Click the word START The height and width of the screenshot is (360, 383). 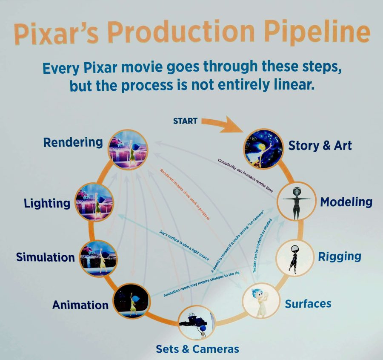tap(185, 121)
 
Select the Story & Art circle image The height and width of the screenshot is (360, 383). tap(263, 149)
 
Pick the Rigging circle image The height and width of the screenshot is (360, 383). tap(295, 259)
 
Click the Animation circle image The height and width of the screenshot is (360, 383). tap(131, 301)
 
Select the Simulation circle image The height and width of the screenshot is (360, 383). tap(98, 259)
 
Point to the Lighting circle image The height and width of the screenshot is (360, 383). tap(94, 202)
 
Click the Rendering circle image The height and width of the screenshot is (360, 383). tap(128, 149)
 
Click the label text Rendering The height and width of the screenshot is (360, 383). tap(73, 143)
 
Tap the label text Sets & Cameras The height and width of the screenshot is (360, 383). tap(197, 349)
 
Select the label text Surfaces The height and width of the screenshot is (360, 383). tap(308, 304)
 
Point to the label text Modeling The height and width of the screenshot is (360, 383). tap(346, 202)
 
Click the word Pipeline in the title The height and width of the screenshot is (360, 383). tap(317, 32)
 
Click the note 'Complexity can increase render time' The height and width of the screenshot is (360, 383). tap(245, 176)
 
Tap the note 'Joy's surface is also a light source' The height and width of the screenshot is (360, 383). tap(184, 245)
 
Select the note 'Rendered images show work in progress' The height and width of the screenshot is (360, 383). tap(185, 194)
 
